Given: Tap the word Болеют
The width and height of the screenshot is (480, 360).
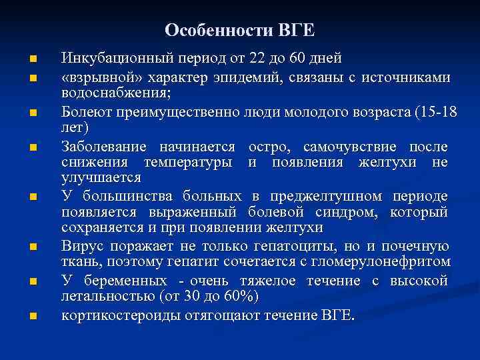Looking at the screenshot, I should (85, 111).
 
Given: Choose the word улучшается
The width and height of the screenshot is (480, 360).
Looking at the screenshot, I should (101, 177).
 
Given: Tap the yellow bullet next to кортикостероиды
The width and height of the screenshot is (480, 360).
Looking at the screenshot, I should (33, 315).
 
